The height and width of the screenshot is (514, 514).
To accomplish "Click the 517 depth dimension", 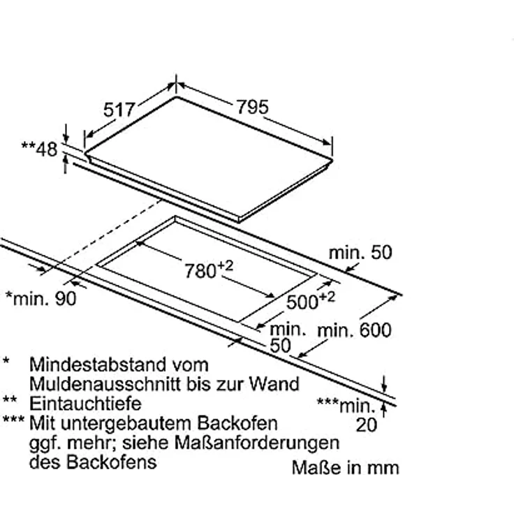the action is point(119,110).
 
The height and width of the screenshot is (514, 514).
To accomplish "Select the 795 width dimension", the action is point(252,107).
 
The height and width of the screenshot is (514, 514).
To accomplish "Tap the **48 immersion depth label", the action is point(39,149).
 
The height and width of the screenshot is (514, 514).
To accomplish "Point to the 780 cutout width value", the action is point(200,272).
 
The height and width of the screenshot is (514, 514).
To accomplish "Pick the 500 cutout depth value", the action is point(302,302).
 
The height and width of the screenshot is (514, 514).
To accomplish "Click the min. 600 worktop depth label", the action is point(354,330).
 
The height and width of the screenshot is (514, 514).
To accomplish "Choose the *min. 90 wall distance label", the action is point(41,299).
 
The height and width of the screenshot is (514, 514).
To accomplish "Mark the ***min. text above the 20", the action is point(346,406).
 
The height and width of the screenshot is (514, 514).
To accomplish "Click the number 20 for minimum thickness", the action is point(367,425).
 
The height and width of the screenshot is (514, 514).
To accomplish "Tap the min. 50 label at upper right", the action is point(360,253).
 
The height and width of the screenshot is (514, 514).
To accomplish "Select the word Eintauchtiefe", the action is point(85,404).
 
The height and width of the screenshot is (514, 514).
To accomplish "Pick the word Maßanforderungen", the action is point(257,443).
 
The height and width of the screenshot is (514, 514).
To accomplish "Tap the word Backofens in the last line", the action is point(112,462).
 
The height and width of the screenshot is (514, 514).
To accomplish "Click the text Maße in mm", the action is point(346,468).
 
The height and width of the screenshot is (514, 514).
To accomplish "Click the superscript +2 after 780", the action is point(225,266).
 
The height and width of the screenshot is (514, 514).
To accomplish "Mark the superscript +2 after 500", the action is point(327,297).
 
